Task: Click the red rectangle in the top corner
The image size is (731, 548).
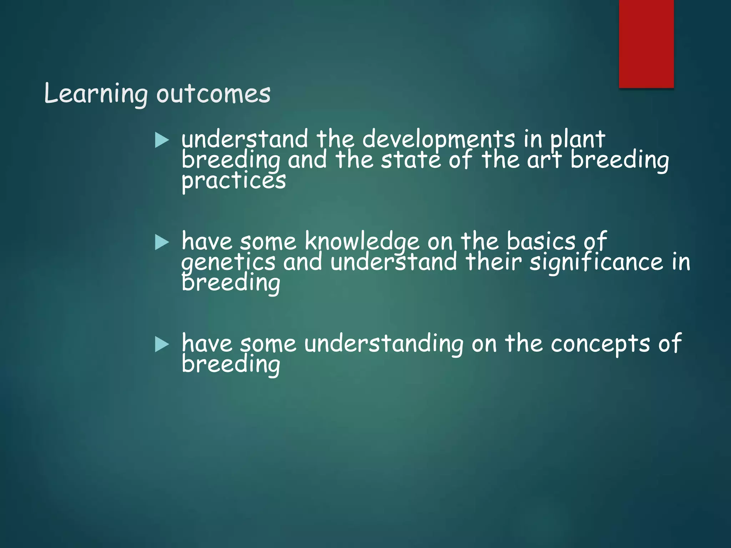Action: (x=646, y=44)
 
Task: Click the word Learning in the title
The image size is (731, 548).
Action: (x=96, y=94)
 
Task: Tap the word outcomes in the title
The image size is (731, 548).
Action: (x=213, y=95)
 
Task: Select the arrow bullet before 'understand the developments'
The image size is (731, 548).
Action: (x=162, y=140)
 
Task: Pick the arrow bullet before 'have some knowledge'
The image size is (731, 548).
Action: (x=162, y=242)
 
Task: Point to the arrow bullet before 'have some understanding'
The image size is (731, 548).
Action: (x=162, y=345)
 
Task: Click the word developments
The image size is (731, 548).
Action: (x=439, y=140)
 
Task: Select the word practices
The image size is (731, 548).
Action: (x=233, y=181)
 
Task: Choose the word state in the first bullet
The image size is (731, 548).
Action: (x=411, y=160)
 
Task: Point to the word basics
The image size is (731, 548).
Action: (x=541, y=242)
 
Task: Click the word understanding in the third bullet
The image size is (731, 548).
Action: (x=384, y=344)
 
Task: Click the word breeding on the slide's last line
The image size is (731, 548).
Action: (x=231, y=365)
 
